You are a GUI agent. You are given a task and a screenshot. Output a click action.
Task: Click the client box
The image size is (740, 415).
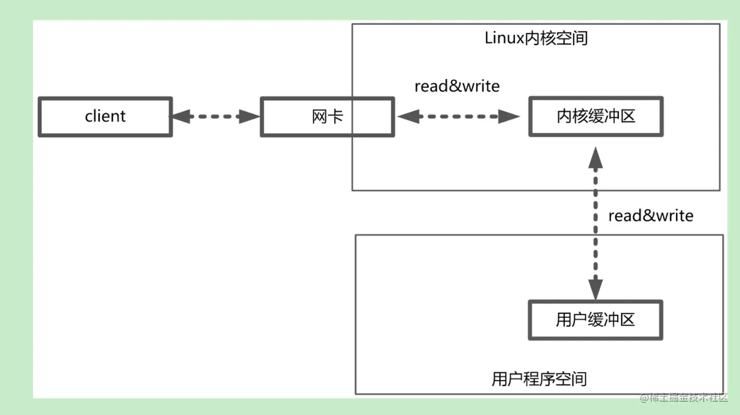[x=105, y=117]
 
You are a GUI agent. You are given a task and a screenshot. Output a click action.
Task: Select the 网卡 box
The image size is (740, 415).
[x=327, y=117]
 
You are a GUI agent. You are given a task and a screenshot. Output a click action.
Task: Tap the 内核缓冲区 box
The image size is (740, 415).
[x=596, y=117]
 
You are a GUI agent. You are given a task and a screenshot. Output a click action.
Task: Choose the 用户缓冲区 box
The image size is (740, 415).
[x=595, y=320]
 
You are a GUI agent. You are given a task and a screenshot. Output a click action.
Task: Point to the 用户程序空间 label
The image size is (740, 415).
[x=539, y=379]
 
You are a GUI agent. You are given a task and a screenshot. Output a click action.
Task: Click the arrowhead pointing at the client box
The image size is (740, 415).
[x=179, y=116]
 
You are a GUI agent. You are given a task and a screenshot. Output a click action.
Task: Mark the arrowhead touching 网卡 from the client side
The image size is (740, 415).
[x=250, y=116]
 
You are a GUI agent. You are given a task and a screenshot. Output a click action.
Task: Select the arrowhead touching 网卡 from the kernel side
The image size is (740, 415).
[x=406, y=116]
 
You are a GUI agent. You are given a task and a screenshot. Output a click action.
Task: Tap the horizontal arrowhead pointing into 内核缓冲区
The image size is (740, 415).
[x=510, y=116]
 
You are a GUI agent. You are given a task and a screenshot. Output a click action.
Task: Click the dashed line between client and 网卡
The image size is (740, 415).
[x=215, y=116]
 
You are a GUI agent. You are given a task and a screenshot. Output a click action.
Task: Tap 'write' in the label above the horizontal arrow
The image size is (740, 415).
[x=480, y=86]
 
